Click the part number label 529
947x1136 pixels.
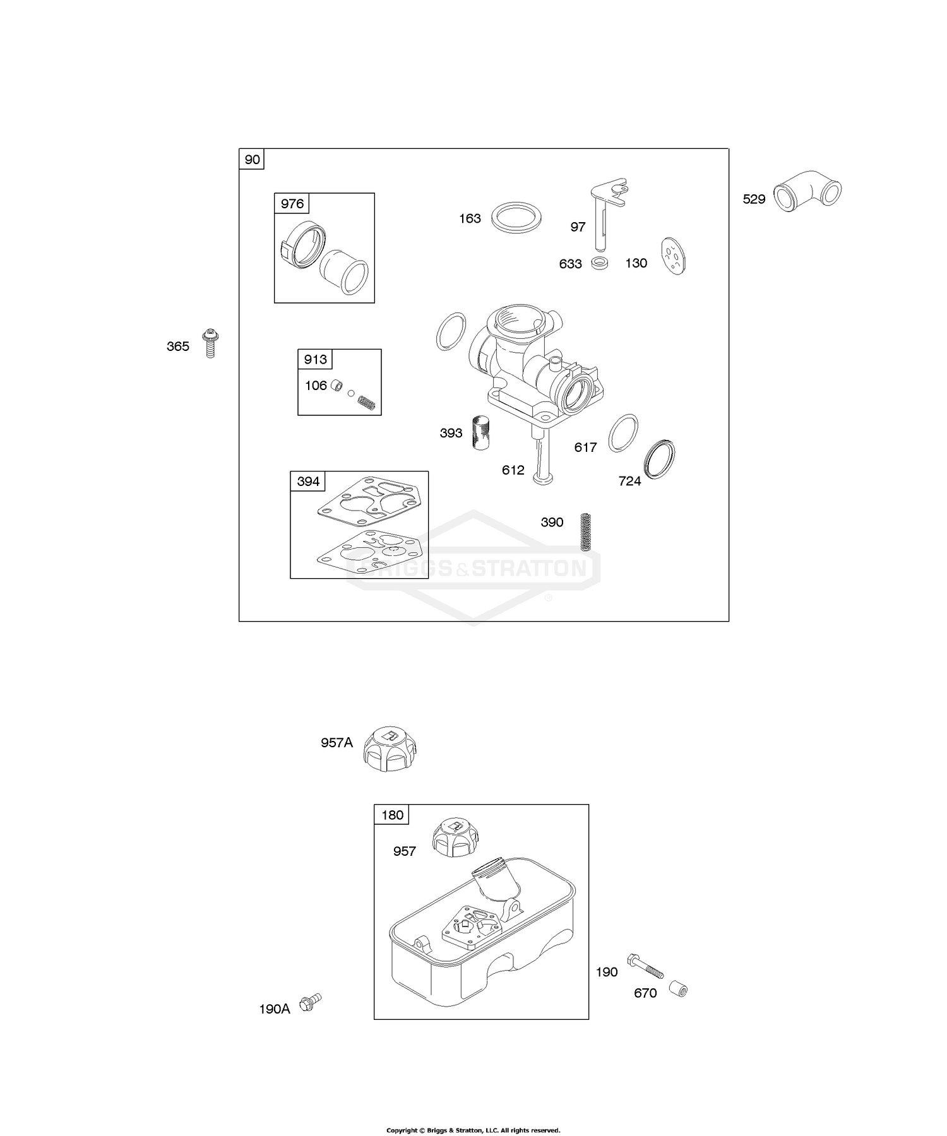point(754,199)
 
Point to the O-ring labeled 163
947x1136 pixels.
point(517,218)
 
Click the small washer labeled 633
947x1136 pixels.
point(600,263)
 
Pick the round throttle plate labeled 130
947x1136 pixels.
point(674,256)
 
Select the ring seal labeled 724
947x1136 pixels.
point(659,459)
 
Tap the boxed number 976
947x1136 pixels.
point(292,204)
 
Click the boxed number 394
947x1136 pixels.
point(308,482)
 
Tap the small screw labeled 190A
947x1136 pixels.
point(311,1002)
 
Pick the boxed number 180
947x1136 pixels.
point(392,815)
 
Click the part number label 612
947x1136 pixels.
point(513,470)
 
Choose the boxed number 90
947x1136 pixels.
point(252,160)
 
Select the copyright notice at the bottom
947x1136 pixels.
point(473,1113)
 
